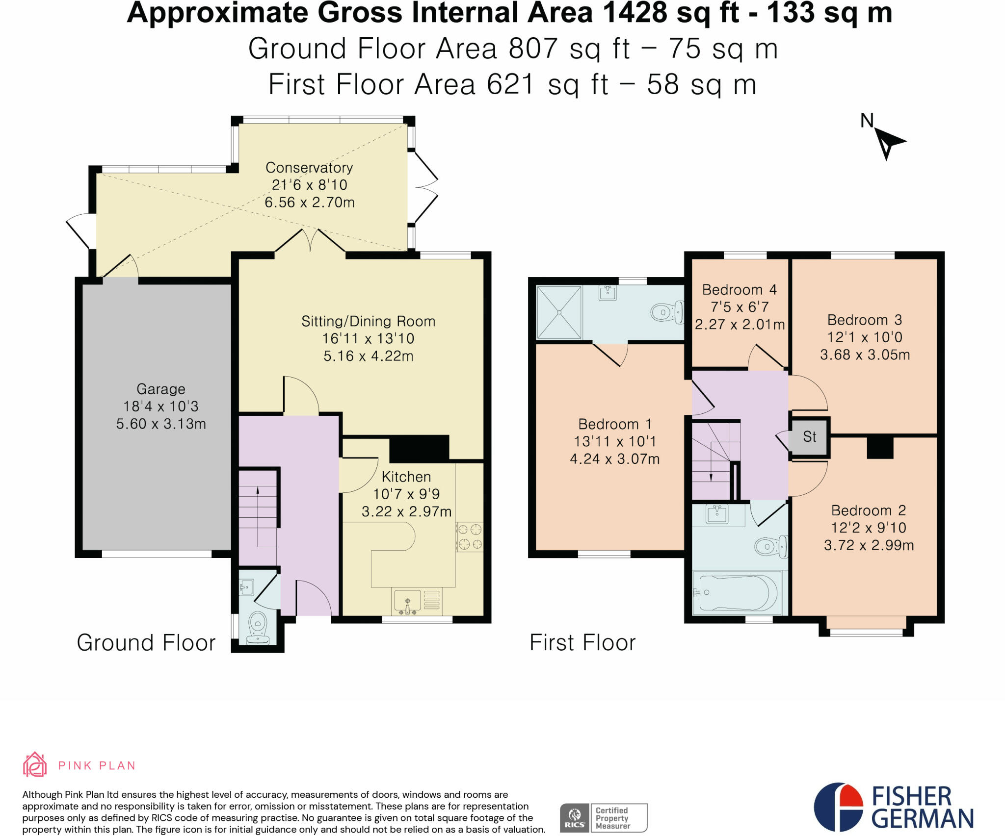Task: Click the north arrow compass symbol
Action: tap(887, 142)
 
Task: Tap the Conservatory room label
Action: tap(309, 168)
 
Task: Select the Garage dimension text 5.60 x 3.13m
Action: tap(161, 424)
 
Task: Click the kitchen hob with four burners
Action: tap(470, 536)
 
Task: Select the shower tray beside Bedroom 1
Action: tap(559, 312)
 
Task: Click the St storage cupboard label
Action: tap(809, 436)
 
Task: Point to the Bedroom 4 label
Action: tap(739, 290)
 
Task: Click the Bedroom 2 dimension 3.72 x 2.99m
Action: tap(869, 545)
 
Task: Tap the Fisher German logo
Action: tap(893, 807)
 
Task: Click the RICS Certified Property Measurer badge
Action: tap(604, 817)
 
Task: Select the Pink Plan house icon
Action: tap(35, 764)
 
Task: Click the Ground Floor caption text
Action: tap(146, 643)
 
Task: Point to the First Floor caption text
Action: tap(582, 643)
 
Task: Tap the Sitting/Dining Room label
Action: tap(368, 322)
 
